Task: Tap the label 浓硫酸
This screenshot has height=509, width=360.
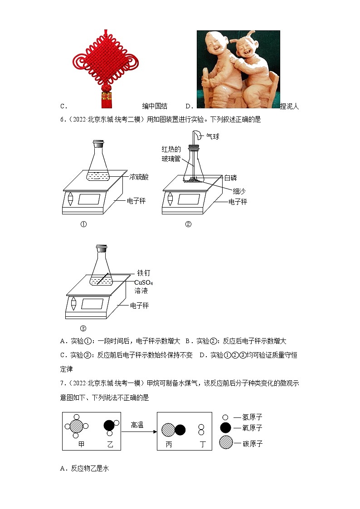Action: pyautogui.click(x=138, y=177)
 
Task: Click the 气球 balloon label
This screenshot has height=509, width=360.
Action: pyautogui.click(x=213, y=136)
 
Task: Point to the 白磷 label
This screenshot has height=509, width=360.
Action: pyautogui.click(x=230, y=178)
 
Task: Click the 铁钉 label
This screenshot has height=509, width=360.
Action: pyautogui.click(x=143, y=273)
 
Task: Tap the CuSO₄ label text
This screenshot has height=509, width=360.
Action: pyautogui.click(x=144, y=282)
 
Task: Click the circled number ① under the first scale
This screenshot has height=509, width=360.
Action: pyautogui.click(x=83, y=224)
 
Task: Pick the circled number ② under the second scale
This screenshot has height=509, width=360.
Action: pyautogui.click(x=188, y=224)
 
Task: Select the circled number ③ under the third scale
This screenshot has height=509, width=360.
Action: pyautogui.click(x=83, y=329)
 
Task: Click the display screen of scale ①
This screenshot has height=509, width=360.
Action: pyautogui.click(x=89, y=199)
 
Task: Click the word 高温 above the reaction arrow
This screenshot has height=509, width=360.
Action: pyautogui.click(x=137, y=425)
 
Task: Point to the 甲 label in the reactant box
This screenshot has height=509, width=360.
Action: pyautogui.click(x=82, y=444)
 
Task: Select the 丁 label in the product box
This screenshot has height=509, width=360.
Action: pyautogui.click(x=203, y=444)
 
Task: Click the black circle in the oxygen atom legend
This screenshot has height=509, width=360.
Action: pyautogui.click(x=225, y=428)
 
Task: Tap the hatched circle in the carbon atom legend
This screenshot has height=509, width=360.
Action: pyautogui.click(x=225, y=443)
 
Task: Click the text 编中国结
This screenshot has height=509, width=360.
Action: pyautogui.click(x=155, y=106)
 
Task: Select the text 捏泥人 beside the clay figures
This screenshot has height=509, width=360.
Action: pyautogui.click(x=290, y=106)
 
